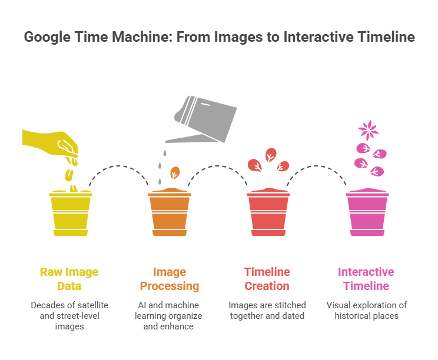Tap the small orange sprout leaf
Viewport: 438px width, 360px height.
point(175,173)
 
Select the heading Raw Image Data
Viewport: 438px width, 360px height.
point(69,279)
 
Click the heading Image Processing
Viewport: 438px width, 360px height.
point(169,279)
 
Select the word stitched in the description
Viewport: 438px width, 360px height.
point(281,305)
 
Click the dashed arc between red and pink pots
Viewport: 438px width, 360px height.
point(318,168)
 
